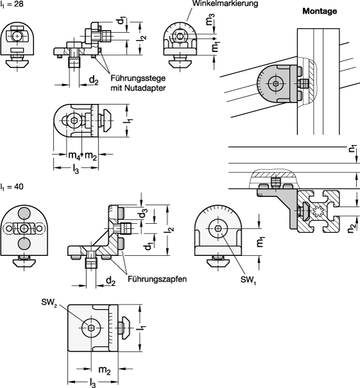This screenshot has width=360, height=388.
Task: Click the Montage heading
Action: (x=320, y=11)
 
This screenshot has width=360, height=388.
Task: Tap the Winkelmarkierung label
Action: (x=225, y=3)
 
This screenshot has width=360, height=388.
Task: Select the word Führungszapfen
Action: (x=157, y=279)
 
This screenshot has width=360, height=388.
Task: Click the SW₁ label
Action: (x=248, y=280)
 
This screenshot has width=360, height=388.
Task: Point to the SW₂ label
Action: (x=49, y=303)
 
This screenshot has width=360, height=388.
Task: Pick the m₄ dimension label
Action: (x=74, y=155)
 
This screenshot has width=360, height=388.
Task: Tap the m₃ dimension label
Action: (x=209, y=19)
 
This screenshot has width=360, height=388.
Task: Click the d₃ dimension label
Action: (x=143, y=214)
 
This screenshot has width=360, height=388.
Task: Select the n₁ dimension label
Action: (x=353, y=148)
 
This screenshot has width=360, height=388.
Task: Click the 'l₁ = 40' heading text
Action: (x=12, y=187)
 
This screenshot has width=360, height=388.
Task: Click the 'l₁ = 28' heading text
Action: (x=12, y=4)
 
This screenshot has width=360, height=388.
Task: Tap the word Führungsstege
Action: (x=138, y=78)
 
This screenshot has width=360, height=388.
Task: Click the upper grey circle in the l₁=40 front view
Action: (x=24, y=213)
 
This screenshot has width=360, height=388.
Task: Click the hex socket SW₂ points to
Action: (x=91, y=328)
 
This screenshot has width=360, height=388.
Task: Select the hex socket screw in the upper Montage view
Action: (x=275, y=83)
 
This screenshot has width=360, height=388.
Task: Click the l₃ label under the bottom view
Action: (x=93, y=384)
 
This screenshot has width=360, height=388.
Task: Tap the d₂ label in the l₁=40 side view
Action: (x=111, y=281)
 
